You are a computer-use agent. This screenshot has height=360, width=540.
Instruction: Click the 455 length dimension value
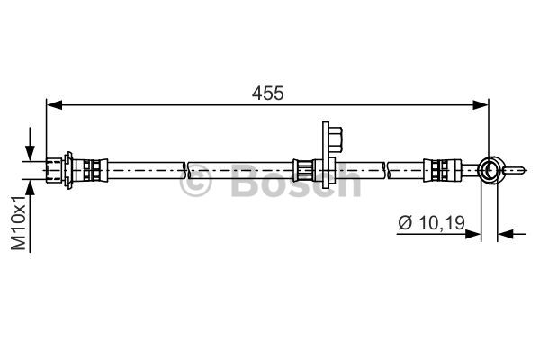267,93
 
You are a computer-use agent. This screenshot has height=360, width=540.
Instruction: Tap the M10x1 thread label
18,223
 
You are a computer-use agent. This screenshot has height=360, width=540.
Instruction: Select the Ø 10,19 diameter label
431,223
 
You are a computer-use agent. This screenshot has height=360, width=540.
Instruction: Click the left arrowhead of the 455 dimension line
54,104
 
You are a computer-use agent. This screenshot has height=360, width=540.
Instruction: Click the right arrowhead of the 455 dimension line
481,104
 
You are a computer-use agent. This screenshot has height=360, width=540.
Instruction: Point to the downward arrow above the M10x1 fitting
30,144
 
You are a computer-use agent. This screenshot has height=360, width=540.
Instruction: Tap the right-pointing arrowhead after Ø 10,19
472,234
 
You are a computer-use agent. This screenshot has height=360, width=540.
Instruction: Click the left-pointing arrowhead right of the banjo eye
506,234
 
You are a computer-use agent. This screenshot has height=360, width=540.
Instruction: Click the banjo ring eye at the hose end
489,170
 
